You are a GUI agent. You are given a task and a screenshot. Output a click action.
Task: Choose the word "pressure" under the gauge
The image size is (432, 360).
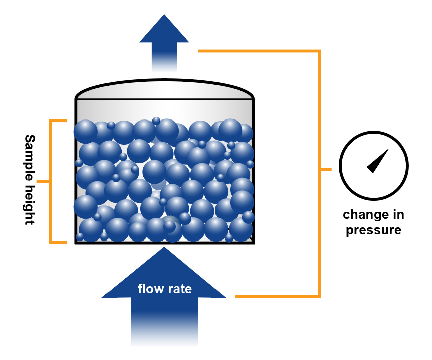[373, 230]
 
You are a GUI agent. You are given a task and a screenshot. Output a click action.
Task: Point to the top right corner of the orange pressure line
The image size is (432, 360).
[319, 51]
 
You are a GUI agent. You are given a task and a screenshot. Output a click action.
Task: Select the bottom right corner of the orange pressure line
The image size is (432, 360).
[319, 296]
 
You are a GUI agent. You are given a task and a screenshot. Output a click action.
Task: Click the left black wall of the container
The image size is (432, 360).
[76, 171]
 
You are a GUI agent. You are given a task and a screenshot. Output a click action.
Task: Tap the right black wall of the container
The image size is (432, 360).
[253, 171]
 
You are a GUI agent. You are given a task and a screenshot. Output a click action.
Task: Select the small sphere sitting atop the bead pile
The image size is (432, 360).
[156, 121]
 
